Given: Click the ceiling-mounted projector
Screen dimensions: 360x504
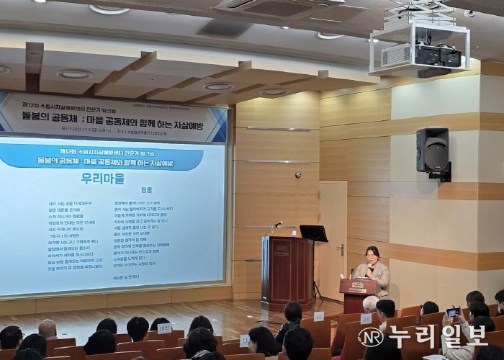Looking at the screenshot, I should click(431, 54).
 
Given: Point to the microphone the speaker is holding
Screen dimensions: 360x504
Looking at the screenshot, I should click(369, 267).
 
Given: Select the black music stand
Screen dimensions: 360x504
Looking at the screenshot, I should click(314, 234).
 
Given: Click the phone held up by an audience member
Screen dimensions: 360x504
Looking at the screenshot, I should click(452, 312).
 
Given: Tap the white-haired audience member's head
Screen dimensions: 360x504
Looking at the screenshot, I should click(370, 303).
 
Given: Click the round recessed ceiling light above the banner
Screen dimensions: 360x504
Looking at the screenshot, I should click(74, 74).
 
